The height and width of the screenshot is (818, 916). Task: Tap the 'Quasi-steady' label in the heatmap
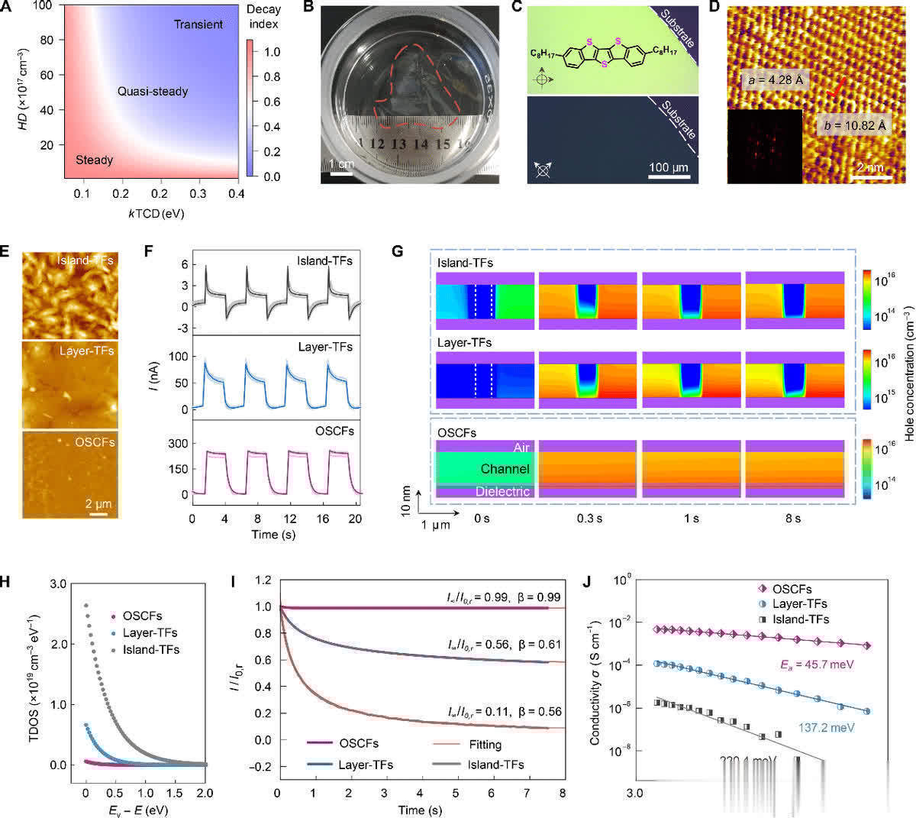pyautogui.click(x=153, y=92)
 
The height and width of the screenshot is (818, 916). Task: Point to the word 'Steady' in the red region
pyautogui.click(x=95, y=160)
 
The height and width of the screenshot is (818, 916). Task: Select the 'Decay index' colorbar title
pyautogui.click(x=263, y=17)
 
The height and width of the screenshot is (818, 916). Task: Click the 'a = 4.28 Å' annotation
pyautogui.click(x=771, y=79)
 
